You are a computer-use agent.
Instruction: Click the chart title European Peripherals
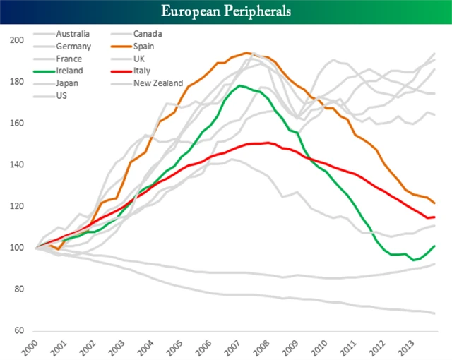point(226,11)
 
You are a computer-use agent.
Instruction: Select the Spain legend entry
point(145,46)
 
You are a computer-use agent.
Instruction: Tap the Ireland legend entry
point(69,71)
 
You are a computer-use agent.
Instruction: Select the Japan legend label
point(68,83)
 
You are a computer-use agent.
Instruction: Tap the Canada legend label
point(148,33)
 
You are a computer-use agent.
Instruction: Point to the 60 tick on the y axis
point(16,330)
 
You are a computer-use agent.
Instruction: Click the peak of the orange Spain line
point(246,52)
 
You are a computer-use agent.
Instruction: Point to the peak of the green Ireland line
point(240,86)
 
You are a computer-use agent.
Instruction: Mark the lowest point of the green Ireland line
point(415,260)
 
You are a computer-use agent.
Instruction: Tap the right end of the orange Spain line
point(434,203)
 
